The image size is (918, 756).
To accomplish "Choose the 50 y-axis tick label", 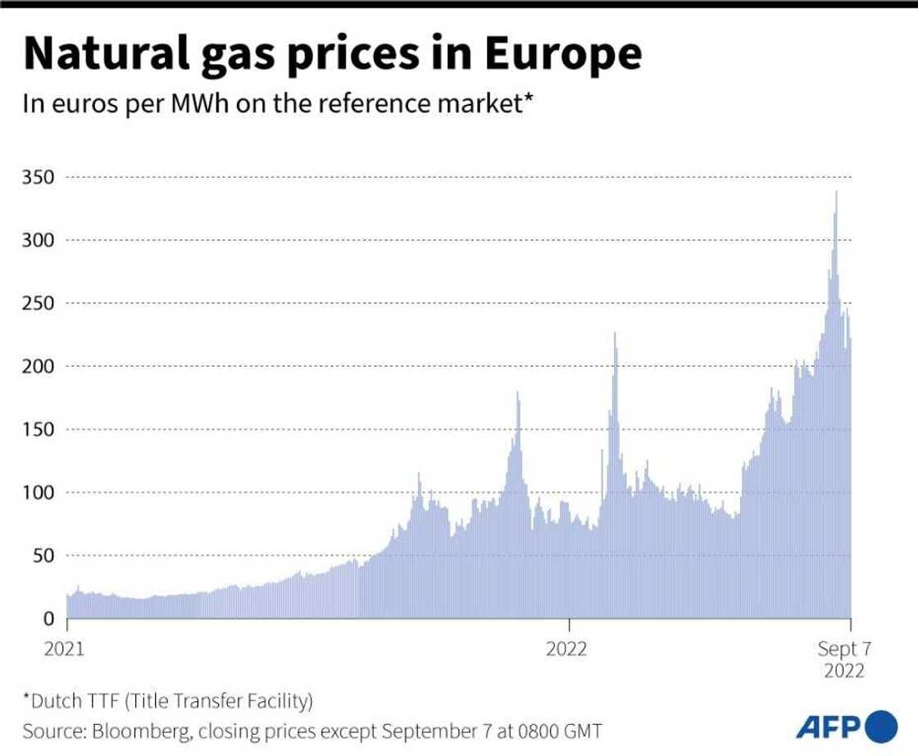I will tap(44, 555).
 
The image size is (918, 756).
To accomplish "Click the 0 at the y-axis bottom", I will tap(50, 618).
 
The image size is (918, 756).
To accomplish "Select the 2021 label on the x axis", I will tap(65, 650).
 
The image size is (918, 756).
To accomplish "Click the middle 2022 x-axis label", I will tap(566, 650).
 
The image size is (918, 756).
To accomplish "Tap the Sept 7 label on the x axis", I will tap(843, 650).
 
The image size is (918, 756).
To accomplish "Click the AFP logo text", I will tap(826, 727).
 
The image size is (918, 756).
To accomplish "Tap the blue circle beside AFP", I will tap(881, 727).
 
